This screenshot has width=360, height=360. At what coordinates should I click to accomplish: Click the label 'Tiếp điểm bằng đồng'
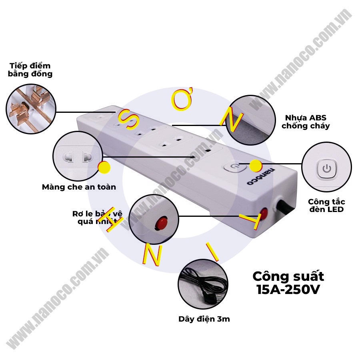coord(30,70)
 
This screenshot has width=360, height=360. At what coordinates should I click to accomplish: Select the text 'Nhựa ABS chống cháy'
coord(306,122)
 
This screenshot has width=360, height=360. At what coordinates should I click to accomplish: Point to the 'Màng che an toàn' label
coord(79,187)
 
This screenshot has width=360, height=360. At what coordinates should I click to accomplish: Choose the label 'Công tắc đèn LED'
coord(326,206)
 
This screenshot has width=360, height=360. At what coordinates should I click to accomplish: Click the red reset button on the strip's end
coord(264,212)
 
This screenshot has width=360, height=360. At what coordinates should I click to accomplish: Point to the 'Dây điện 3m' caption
coord(204,319)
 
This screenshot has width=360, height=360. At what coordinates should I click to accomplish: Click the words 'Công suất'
coord(288,276)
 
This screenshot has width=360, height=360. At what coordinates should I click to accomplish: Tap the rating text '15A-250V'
coord(288,289)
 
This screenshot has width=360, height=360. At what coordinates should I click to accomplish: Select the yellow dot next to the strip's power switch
coord(256,165)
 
